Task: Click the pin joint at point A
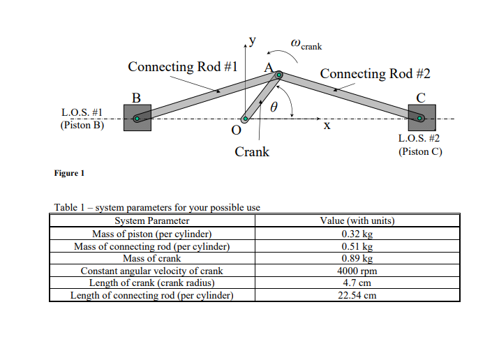click(x=278, y=75)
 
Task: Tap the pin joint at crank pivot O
click(x=246, y=119)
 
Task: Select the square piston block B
click(x=137, y=118)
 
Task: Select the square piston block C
click(x=422, y=118)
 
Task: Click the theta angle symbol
click(x=274, y=107)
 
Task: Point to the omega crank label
click(x=306, y=44)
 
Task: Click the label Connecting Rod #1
click(x=183, y=67)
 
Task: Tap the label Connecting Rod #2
click(x=375, y=74)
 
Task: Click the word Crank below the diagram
click(x=252, y=152)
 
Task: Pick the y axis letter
click(x=253, y=40)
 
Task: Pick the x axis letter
click(x=327, y=126)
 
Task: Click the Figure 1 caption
click(x=69, y=173)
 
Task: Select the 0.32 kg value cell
click(x=357, y=234)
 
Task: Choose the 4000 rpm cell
click(x=357, y=271)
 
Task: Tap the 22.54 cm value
click(x=357, y=295)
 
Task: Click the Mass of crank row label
click(x=152, y=258)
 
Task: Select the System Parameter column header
click(x=152, y=220)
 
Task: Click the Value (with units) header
click(x=357, y=220)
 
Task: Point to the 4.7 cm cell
click(x=357, y=283)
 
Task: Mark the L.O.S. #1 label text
click(x=82, y=112)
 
